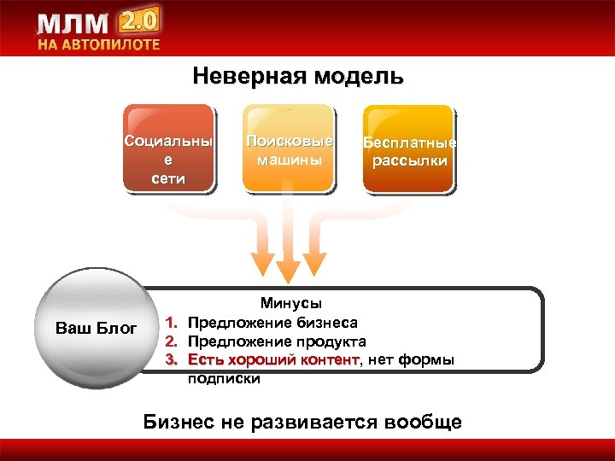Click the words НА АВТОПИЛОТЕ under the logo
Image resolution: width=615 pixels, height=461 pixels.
pos(97,45)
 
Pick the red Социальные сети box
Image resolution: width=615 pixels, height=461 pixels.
pos(167,147)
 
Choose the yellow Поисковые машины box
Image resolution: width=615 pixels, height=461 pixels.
pos(290,147)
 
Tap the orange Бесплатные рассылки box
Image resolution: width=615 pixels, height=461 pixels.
pos(409,147)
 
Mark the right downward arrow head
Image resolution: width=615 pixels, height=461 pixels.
pos(318,260)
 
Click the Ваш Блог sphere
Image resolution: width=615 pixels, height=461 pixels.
pos(96,329)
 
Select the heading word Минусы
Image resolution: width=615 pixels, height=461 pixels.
pos(291,303)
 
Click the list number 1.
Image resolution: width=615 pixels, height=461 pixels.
pos(171,323)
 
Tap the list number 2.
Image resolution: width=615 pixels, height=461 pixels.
pos(171,341)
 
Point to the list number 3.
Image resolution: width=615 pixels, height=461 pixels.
pos(171,360)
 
